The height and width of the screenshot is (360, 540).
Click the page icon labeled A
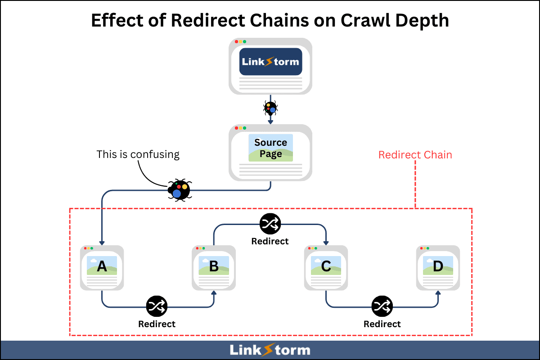tap(102, 268)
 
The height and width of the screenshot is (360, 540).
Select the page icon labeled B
tap(214, 268)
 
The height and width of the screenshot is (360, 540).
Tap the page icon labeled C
tap(326, 268)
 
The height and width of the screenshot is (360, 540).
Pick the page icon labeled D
tap(438, 268)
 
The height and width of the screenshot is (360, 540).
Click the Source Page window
tap(270, 153)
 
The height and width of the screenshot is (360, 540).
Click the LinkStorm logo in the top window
tap(270, 61)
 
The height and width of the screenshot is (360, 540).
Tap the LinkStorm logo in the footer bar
tap(270, 350)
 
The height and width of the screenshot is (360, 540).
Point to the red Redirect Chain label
tap(415, 155)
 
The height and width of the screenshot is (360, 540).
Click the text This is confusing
tap(138, 154)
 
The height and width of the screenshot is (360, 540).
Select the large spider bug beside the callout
tap(179, 190)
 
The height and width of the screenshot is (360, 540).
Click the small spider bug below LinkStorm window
tap(270, 108)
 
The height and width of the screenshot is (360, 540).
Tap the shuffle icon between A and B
tap(157, 307)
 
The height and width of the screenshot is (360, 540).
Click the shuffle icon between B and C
tap(270, 224)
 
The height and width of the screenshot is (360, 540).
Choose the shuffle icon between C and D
tap(382, 307)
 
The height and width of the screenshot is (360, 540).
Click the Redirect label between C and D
tap(382, 324)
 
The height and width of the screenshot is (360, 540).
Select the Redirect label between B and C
tap(270, 241)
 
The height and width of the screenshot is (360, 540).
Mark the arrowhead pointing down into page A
tap(102, 242)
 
